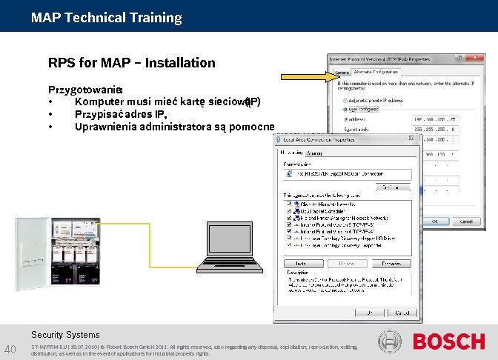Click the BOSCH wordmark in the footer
coord(448,341)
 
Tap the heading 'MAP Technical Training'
coord(106,17)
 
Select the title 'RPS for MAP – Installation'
coord(131,63)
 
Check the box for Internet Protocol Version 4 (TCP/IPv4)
coord(288,230)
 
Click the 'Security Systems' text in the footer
coord(66,335)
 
